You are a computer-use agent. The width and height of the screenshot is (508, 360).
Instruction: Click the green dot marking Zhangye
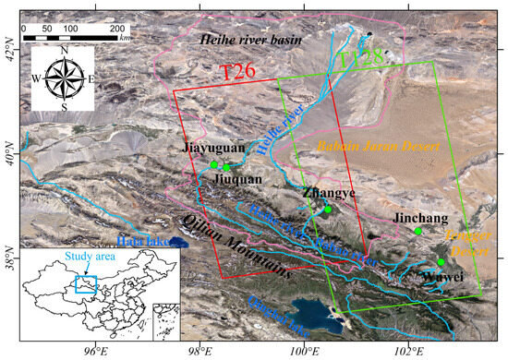point(328,210)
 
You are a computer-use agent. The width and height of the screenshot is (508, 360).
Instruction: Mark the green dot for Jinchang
point(417,231)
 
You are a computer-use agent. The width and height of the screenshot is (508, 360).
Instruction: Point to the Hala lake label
point(147,243)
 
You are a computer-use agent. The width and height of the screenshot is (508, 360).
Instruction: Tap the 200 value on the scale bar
point(117,29)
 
